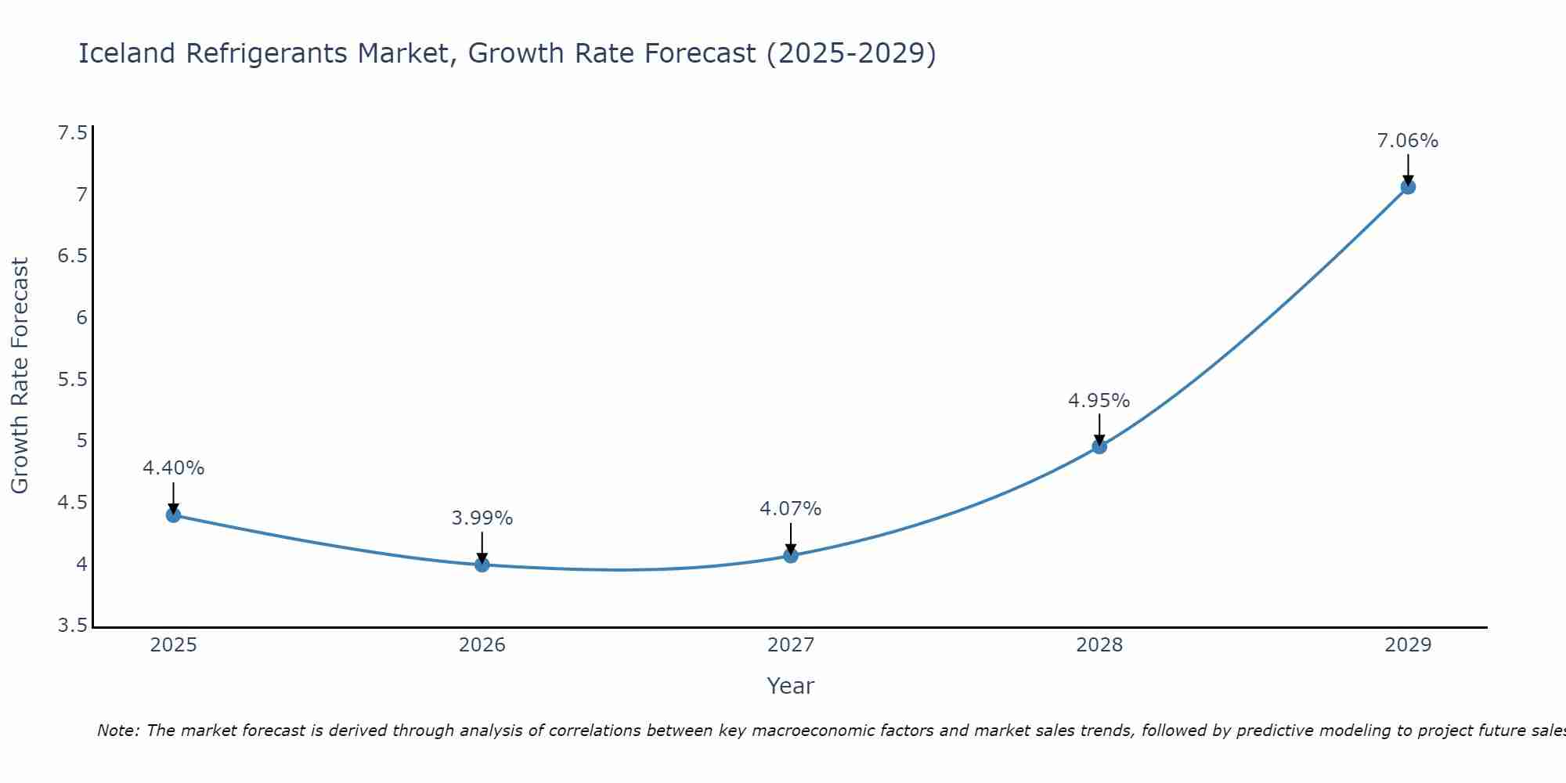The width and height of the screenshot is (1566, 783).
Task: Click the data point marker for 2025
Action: click(173, 514)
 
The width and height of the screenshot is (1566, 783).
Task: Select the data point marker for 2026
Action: click(482, 565)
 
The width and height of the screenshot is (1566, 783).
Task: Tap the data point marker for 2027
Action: click(790, 555)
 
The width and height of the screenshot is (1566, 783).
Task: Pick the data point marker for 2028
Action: click(1099, 446)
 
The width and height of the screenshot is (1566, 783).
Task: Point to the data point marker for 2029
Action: click(1407, 186)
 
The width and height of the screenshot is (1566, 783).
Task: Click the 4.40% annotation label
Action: click(173, 468)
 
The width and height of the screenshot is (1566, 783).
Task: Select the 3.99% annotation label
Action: click(482, 518)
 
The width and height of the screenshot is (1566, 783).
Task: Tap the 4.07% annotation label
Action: click(790, 509)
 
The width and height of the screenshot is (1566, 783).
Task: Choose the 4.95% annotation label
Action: click(1099, 401)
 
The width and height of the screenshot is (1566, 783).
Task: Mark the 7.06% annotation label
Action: click(1407, 141)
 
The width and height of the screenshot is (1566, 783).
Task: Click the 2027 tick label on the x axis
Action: click(790, 645)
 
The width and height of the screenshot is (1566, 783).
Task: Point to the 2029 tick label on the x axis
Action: click(1407, 645)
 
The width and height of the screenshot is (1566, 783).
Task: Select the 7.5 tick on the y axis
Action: click(72, 133)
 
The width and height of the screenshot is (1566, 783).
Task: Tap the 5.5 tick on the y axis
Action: click(72, 380)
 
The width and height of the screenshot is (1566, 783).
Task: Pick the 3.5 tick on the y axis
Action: click(72, 626)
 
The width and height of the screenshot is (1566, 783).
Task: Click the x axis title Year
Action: click(790, 686)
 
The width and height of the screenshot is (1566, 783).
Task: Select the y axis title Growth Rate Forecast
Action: click(20, 376)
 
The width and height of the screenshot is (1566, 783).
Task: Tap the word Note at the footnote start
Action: click(117, 731)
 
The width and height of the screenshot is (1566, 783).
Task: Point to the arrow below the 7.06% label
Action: click(1407, 168)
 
